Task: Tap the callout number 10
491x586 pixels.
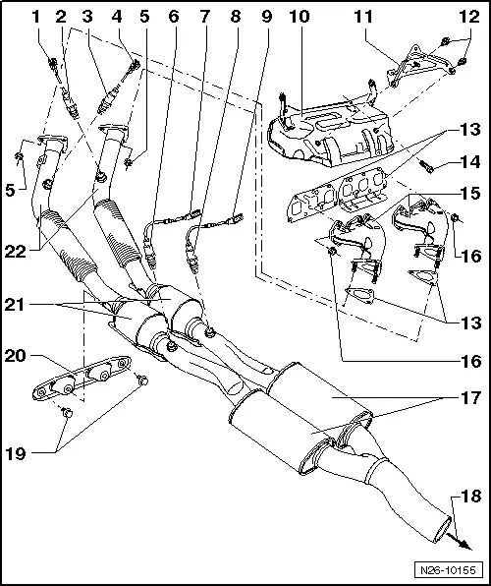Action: click(x=297, y=18)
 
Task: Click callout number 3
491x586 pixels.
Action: click(x=87, y=18)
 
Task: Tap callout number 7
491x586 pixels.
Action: click(x=203, y=18)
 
